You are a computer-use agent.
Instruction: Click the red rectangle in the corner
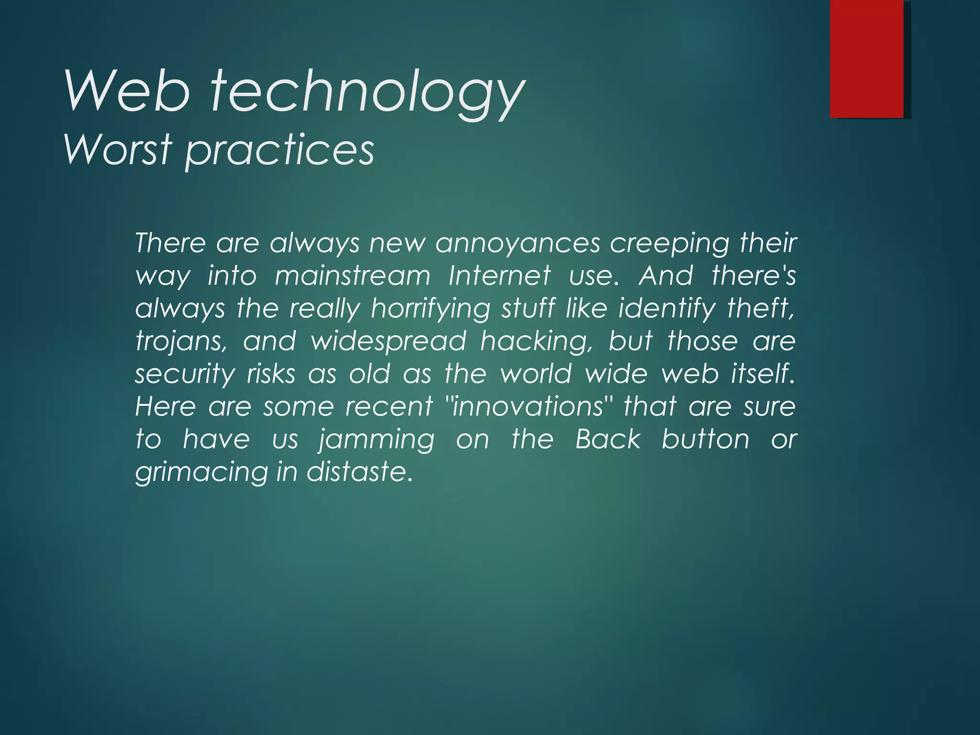(867, 58)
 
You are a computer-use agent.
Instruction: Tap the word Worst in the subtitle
(118, 149)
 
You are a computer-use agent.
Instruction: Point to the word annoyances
(518, 243)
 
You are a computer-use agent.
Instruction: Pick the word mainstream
(353, 276)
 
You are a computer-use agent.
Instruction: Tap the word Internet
(500, 276)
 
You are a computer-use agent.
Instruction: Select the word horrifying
(431, 309)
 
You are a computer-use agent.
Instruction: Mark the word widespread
(389, 342)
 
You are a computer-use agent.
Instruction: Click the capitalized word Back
(608, 439)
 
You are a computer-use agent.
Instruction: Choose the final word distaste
(359, 472)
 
